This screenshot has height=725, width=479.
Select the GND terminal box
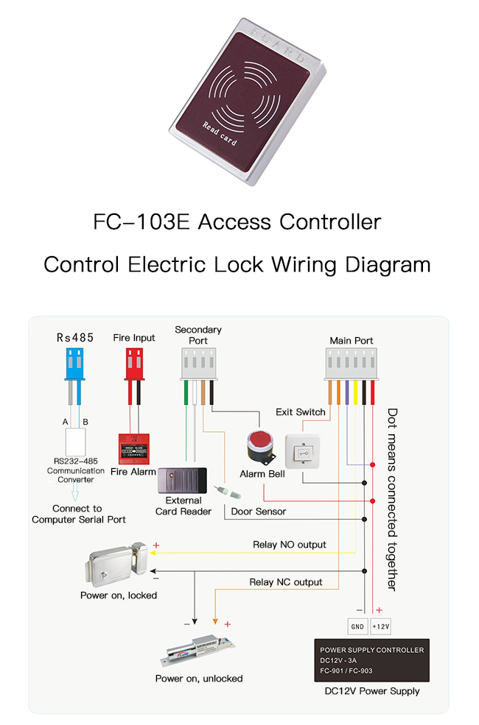point(357,626)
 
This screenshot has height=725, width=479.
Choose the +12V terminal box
point(381,626)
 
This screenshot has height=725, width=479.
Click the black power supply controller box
point(371,660)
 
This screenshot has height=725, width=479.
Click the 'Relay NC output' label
point(286,582)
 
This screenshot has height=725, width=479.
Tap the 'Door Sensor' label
point(259,511)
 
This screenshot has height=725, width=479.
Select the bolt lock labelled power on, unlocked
point(198,648)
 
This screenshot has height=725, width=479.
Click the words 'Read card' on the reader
point(219,135)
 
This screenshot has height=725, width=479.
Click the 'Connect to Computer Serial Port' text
point(78,514)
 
